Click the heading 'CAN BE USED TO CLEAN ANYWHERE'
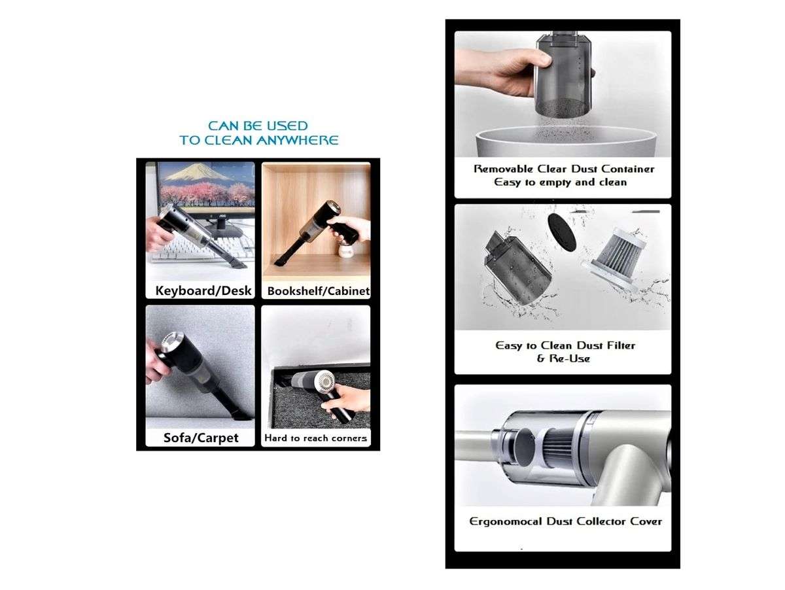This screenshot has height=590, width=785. tap(258, 132)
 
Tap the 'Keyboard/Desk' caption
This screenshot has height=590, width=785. tap(203, 290)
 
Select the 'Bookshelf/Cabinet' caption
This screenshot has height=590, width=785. tap(318, 290)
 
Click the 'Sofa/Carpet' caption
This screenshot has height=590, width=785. tap(200, 437)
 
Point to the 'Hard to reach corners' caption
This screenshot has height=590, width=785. tap(315, 438)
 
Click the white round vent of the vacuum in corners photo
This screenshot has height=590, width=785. tap(325, 383)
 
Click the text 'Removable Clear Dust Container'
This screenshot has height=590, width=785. tap(563, 169)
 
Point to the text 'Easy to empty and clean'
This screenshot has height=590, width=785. tap(560, 182)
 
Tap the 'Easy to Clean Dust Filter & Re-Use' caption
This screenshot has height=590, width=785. tap(565, 351)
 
